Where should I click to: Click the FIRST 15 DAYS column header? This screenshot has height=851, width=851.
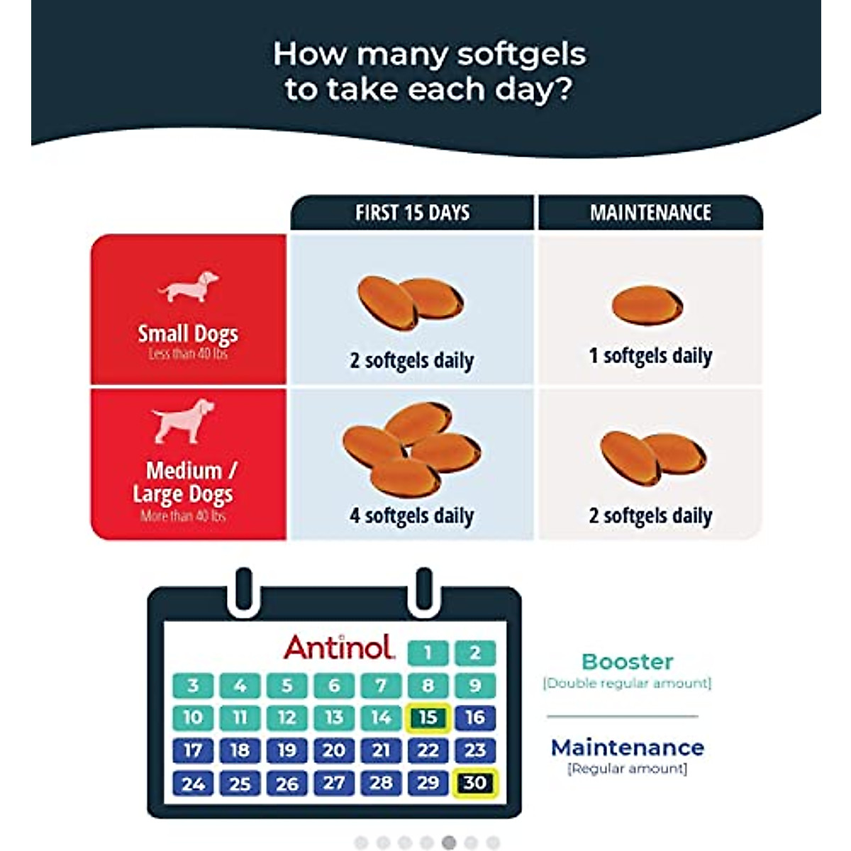[x=412, y=213]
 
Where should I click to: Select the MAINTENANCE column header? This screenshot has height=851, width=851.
[x=650, y=213]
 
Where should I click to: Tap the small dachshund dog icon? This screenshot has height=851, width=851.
[x=189, y=287]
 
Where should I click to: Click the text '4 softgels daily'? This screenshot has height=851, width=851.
[x=411, y=516]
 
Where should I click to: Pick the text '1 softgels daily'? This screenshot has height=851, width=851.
[x=650, y=355]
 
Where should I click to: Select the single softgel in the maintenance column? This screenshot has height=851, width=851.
[x=647, y=305]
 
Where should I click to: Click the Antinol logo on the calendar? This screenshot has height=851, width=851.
[x=339, y=647]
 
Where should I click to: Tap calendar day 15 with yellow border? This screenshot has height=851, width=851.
[x=428, y=718]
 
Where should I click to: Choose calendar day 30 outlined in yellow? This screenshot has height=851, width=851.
[x=475, y=783]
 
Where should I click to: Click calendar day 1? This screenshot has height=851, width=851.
[x=428, y=652]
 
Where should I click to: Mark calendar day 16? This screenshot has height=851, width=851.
[x=475, y=718]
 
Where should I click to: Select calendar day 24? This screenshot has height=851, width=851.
[x=193, y=784]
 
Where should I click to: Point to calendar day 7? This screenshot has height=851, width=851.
[x=381, y=685]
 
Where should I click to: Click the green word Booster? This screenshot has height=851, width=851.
[x=627, y=662]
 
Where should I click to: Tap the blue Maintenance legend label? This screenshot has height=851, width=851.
[x=627, y=747]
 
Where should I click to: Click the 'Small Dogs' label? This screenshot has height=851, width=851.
[x=188, y=333]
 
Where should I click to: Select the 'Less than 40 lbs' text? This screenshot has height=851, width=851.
[x=188, y=354]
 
